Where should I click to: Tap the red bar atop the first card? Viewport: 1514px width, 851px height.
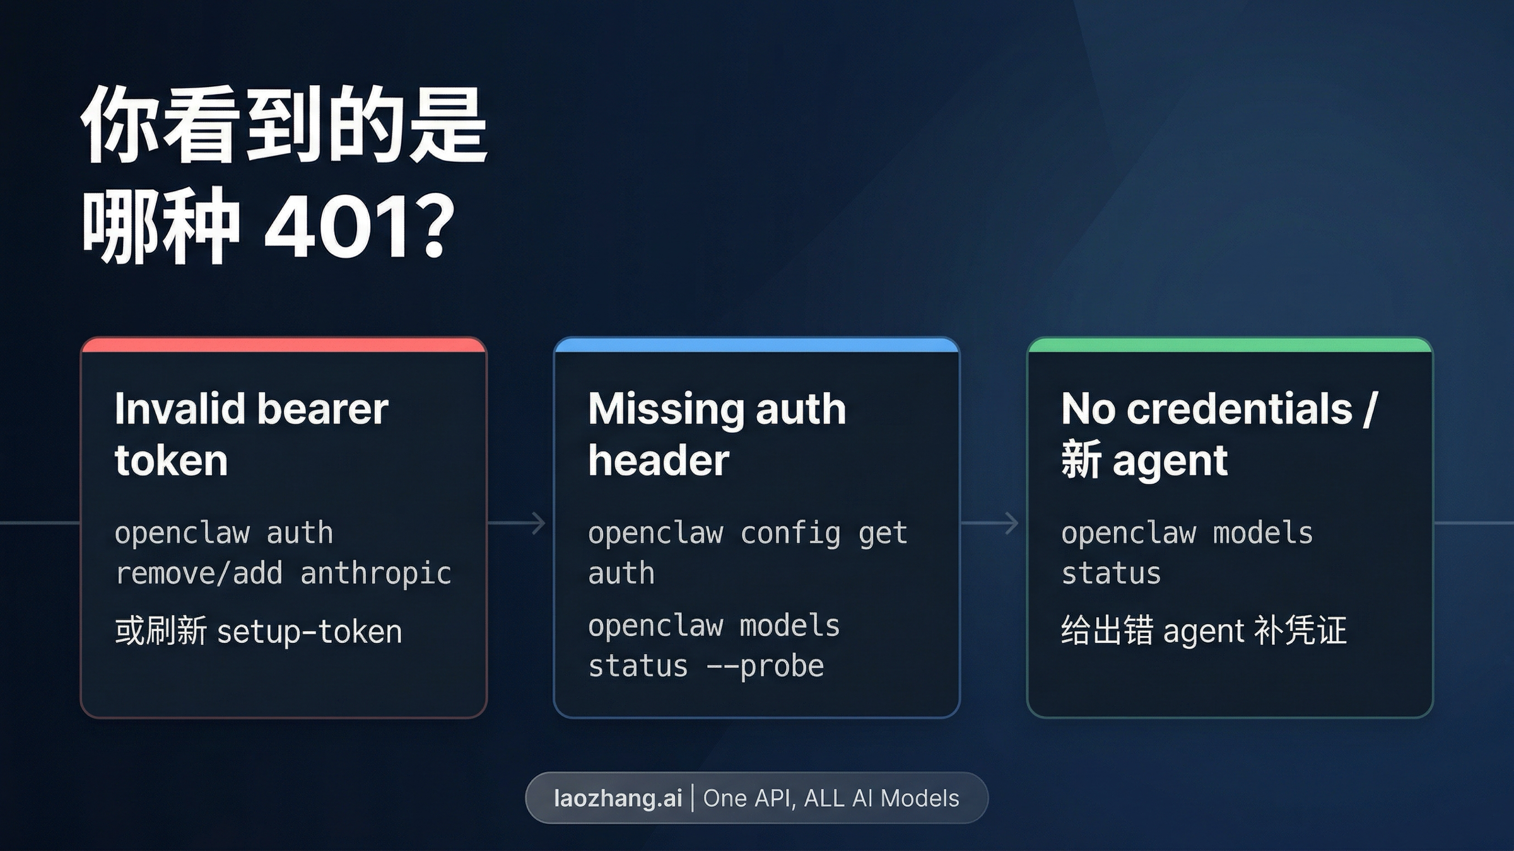(283, 345)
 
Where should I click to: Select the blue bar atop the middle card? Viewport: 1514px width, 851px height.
(756, 345)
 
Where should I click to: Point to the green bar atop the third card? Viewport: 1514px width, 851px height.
(1229, 345)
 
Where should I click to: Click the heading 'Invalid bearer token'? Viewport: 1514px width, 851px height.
(251, 434)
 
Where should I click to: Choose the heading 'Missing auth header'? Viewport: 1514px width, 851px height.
(717, 434)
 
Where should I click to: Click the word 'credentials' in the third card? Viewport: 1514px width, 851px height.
(1239, 408)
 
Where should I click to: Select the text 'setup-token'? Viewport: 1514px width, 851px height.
(309, 632)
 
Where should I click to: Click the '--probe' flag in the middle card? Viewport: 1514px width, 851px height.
(765, 666)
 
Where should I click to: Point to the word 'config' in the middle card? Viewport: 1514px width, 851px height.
(790, 533)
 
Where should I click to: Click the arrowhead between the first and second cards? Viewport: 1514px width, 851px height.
(539, 523)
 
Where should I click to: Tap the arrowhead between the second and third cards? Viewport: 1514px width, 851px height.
(1011, 523)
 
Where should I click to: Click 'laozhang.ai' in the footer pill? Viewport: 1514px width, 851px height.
(618, 798)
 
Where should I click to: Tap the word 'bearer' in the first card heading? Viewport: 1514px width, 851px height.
(322, 408)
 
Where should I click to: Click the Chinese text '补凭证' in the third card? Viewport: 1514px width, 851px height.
(1300, 630)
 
